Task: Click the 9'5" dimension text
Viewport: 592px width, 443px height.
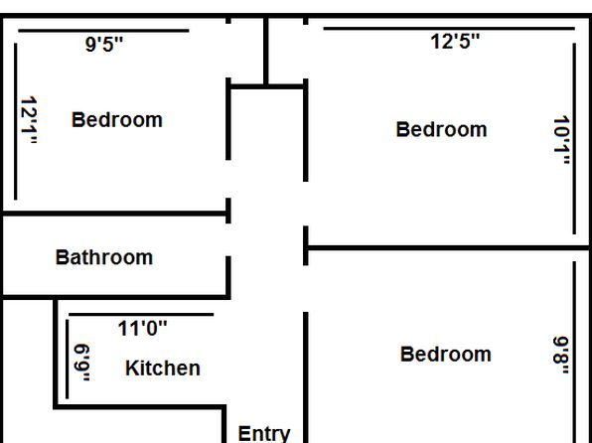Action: [104, 45]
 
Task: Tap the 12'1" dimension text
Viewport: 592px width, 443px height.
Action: [29, 120]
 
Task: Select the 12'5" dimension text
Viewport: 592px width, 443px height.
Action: [455, 41]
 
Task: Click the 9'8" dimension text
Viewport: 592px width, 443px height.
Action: [561, 356]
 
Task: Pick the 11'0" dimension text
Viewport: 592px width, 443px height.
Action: [142, 328]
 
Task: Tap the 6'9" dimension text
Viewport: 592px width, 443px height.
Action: [81, 363]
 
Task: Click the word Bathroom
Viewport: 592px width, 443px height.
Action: [104, 257]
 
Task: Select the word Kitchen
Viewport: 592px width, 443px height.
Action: [163, 368]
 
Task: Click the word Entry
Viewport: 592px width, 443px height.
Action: [264, 433]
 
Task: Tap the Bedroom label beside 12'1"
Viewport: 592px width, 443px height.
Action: [117, 120]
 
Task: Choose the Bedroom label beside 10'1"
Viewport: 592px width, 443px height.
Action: [441, 129]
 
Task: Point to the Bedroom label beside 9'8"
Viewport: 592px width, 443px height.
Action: [446, 355]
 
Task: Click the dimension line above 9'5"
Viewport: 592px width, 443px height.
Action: [103, 31]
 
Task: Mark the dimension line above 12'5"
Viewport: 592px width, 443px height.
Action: [449, 29]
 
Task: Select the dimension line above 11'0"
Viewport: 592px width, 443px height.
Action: [141, 314]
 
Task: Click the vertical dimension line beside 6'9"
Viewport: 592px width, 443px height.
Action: [68, 360]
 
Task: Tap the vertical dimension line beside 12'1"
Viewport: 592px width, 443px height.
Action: [16, 121]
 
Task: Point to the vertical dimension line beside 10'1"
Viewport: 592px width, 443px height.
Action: [575, 139]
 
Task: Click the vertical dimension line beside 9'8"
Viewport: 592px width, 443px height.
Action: [575, 352]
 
